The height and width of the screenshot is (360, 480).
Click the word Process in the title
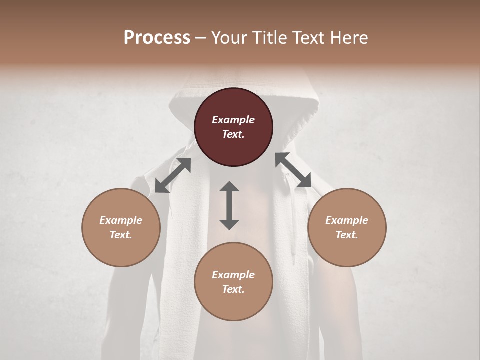(x=157, y=38)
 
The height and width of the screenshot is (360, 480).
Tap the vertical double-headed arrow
(x=229, y=205)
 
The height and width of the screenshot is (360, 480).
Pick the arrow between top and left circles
(x=173, y=175)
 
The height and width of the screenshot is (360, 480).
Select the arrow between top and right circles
(x=293, y=170)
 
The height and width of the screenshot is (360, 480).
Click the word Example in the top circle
(x=233, y=120)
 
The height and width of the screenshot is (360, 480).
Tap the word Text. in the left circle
(x=121, y=235)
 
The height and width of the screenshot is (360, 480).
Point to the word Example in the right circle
(x=347, y=220)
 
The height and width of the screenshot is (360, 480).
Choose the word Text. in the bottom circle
(x=233, y=289)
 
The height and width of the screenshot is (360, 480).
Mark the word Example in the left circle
(x=121, y=220)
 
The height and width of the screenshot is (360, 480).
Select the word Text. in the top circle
(x=233, y=134)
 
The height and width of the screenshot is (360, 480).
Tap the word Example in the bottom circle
(x=233, y=275)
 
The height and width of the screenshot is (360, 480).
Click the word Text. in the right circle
(x=347, y=235)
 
